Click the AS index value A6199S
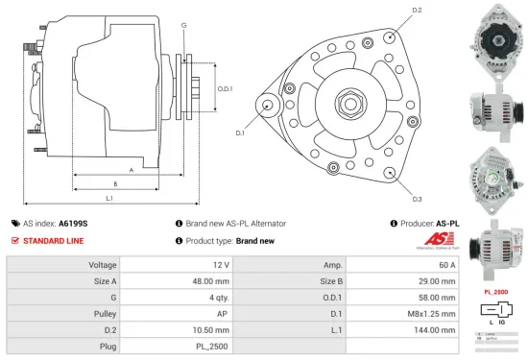tap(73, 223)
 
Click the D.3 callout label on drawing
tap(417, 198)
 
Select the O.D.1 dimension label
tap(225, 88)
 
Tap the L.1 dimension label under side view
tap(109, 198)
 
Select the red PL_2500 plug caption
tap(494, 290)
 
